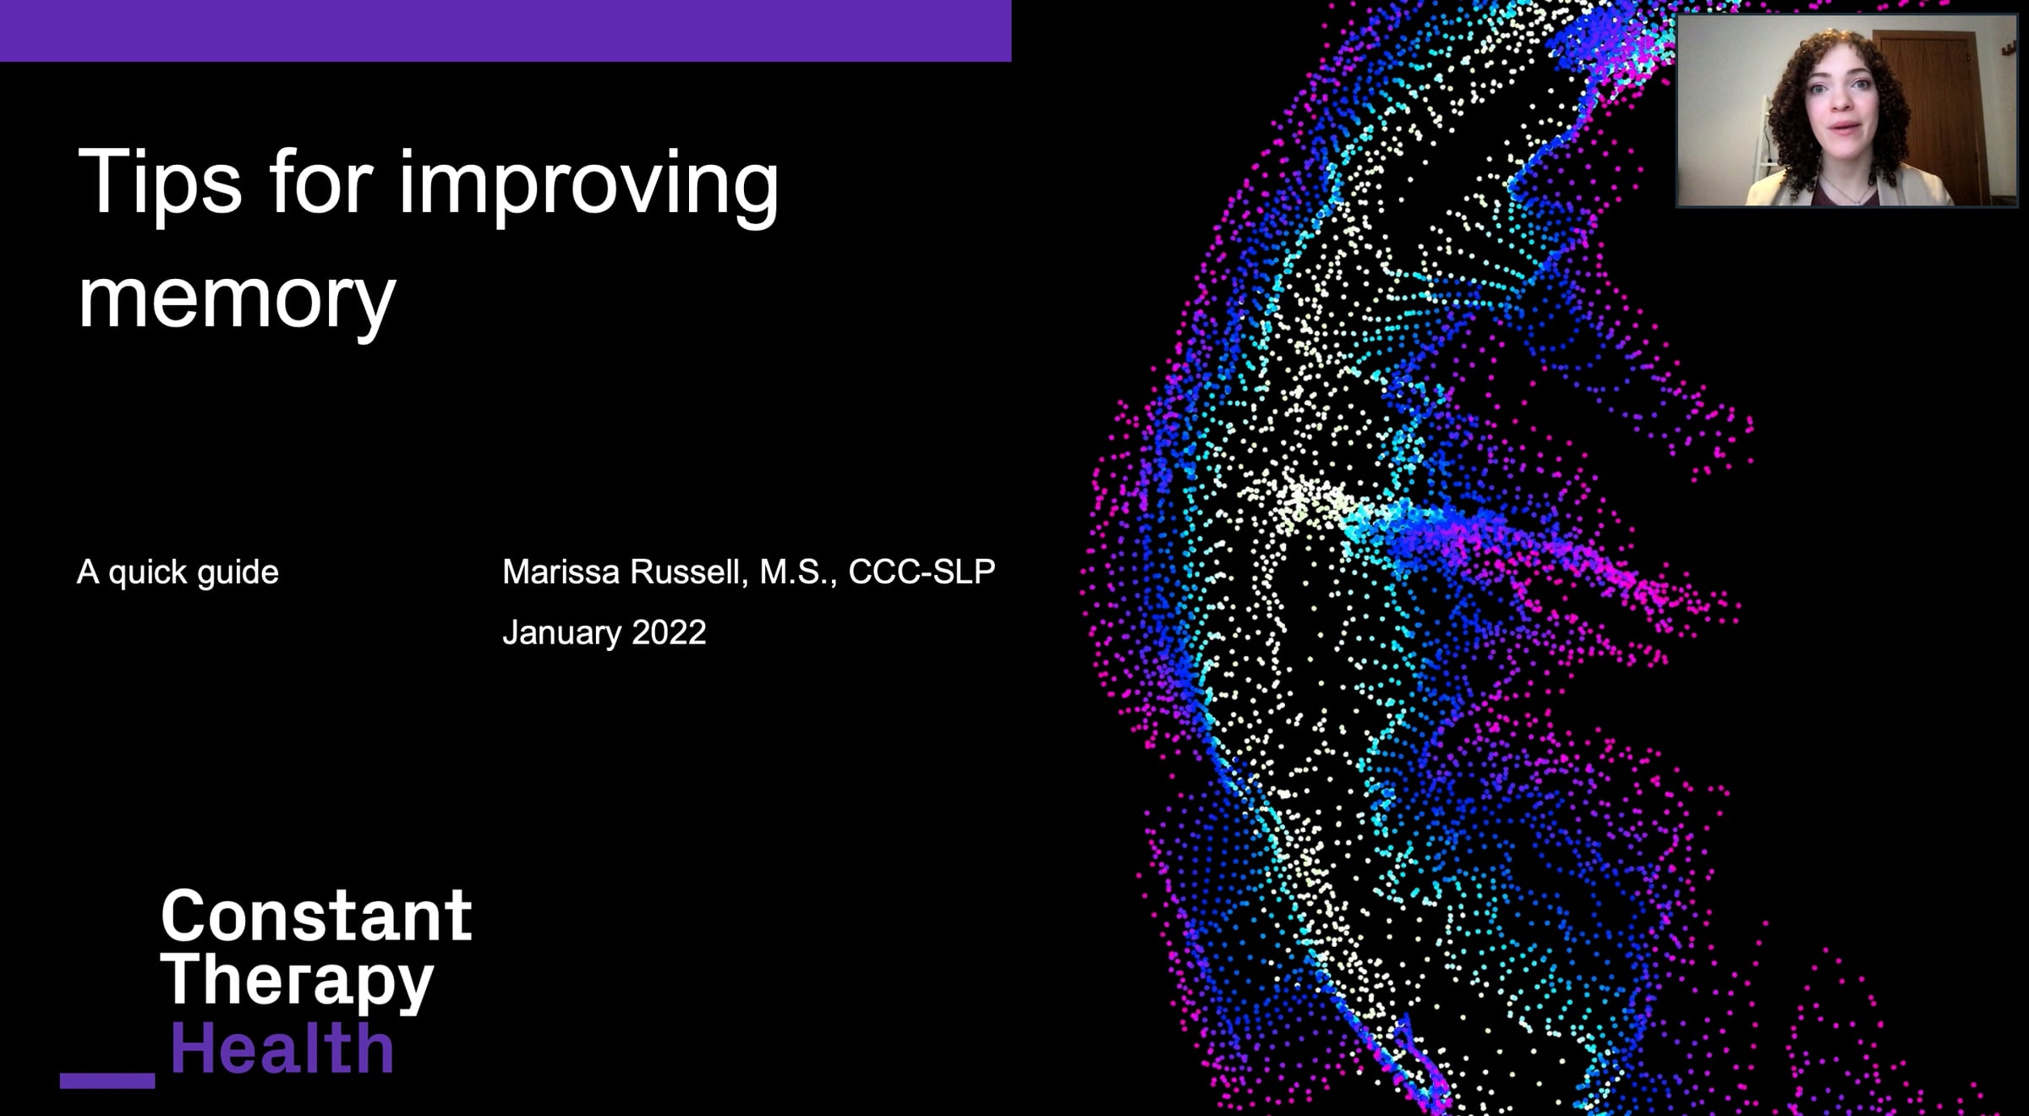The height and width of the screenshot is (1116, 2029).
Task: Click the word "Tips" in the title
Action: pyautogui.click(x=159, y=183)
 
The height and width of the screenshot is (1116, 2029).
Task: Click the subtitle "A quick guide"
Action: pyautogui.click(x=178, y=573)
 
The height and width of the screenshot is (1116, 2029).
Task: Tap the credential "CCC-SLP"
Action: pyautogui.click(x=922, y=572)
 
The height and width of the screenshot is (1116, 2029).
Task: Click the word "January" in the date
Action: pyautogui.click(x=562, y=633)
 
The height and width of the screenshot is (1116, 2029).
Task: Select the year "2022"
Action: pyautogui.click(x=669, y=632)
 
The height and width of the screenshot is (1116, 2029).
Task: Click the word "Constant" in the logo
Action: pyautogui.click(x=316, y=916)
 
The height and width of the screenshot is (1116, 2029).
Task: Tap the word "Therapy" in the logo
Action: pyautogui.click(x=297, y=981)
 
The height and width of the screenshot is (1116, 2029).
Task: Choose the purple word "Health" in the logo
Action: pyautogui.click(x=282, y=1048)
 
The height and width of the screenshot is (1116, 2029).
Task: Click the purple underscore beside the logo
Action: pyautogui.click(x=107, y=1080)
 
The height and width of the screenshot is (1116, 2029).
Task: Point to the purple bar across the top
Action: pyautogui.click(x=506, y=30)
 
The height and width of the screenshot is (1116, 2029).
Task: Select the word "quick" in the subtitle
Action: pyautogui.click(x=148, y=574)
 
